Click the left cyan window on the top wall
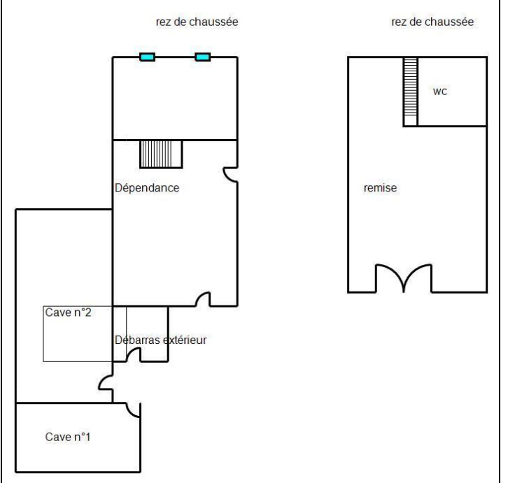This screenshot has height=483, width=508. (147, 57)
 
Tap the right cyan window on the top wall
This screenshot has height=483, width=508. (203, 57)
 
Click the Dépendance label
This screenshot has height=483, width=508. (147, 188)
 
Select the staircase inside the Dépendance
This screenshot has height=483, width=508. (161, 154)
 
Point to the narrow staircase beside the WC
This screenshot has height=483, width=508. (411, 92)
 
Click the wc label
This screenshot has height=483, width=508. (440, 92)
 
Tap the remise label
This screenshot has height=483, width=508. (381, 188)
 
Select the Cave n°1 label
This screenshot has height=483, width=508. (68, 437)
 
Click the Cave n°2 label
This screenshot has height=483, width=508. (69, 312)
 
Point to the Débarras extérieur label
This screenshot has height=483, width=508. (161, 340)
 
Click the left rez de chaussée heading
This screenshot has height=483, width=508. (197, 22)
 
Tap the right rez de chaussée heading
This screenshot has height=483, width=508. (432, 22)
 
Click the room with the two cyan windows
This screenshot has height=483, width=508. (175, 99)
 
